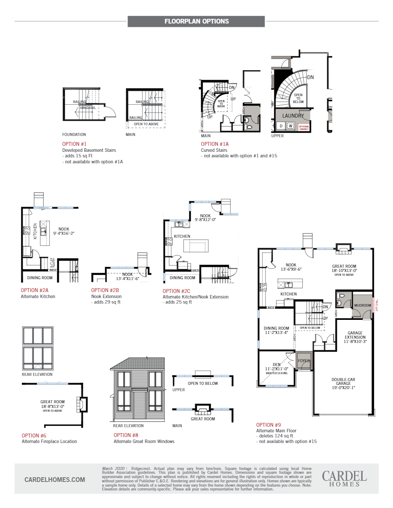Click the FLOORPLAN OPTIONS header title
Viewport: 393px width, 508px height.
196,21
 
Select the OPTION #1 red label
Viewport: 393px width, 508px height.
74,144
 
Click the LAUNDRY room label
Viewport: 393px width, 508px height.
293,116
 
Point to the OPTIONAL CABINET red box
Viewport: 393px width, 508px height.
304,127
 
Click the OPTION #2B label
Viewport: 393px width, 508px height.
105,290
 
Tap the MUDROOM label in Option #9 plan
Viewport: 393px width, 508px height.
362,306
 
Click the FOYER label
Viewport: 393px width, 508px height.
304,361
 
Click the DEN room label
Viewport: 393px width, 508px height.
277,365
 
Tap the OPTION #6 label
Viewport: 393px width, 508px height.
34,435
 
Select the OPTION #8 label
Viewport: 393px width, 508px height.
125,435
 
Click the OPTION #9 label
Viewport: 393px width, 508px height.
268,425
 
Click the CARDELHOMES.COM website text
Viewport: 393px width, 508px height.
55,480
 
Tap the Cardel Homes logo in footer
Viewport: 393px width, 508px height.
344,478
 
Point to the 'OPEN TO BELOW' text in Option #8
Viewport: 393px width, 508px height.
202,384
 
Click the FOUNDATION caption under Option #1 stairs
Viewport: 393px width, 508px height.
74,134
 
